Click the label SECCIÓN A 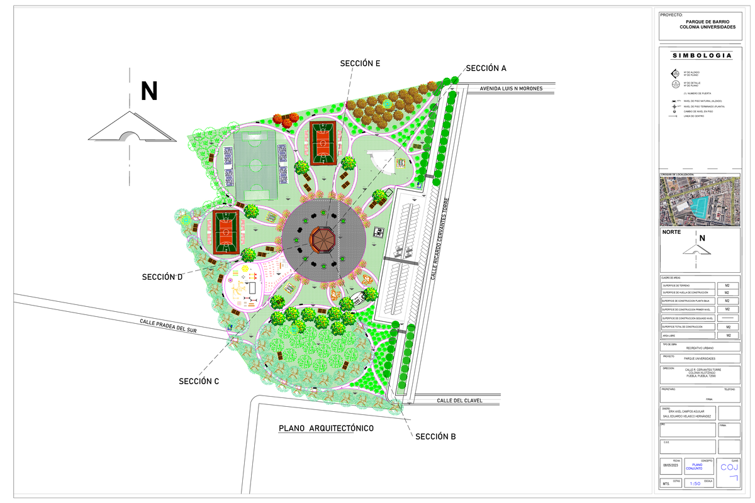tap(486, 68)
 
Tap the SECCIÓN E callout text tap(360, 63)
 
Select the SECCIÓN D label tap(162, 277)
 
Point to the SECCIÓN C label tap(199, 381)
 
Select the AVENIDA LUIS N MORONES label tap(511, 89)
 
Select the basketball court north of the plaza tap(324, 143)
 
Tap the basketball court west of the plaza tap(224, 232)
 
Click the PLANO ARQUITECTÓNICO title tap(326, 428)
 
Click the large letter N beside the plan tap(149, 92)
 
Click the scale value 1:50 tap(695, 484)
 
